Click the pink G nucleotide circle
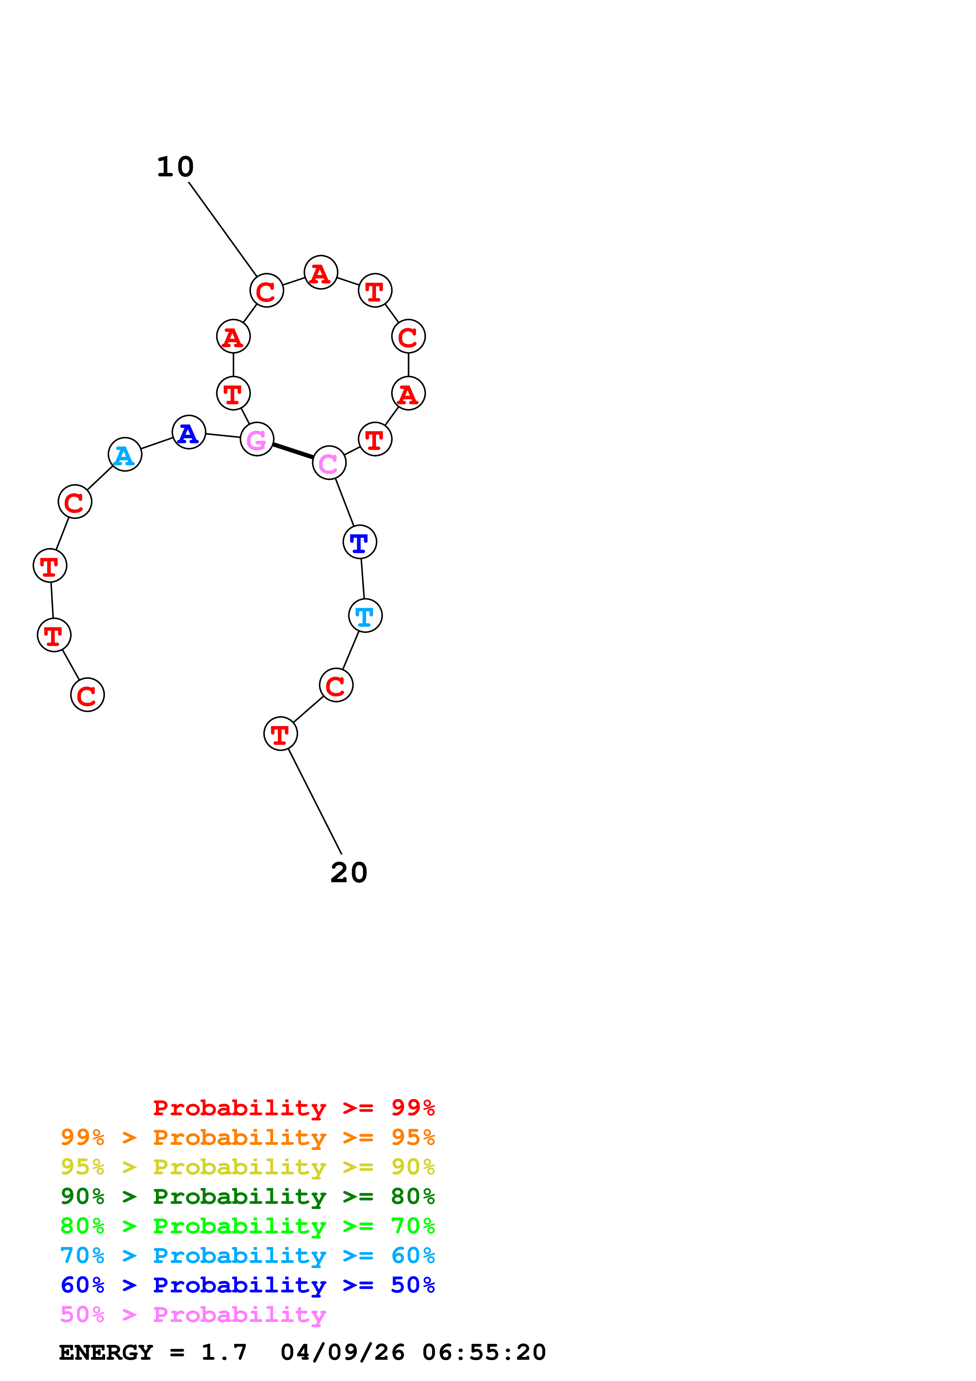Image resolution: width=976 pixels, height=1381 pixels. (257, 440)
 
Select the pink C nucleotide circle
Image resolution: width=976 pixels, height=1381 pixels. (329, 463)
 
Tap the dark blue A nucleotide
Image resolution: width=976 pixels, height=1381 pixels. (189, 433)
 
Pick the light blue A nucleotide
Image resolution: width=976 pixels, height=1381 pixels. (125, 455)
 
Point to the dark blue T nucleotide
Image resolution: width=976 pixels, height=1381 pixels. (359, 542)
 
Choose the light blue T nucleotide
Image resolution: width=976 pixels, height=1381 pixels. (365, 616)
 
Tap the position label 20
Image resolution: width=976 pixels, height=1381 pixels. (349, 873)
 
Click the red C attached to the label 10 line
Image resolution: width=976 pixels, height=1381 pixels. (267, 291)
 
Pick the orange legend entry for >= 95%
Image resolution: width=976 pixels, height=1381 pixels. (247, 1137)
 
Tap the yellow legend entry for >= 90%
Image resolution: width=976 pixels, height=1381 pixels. (247, 1167)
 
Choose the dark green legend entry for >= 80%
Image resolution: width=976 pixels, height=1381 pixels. (247, 1196)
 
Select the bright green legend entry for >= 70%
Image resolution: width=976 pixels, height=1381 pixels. (247, 1226)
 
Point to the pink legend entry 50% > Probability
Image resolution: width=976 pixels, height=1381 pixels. (193, 1314)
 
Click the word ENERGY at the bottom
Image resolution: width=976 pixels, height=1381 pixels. (106, 1352)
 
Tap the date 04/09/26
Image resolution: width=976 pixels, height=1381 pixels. (343, 1352)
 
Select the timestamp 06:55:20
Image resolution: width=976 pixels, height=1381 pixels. (484, 1352)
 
